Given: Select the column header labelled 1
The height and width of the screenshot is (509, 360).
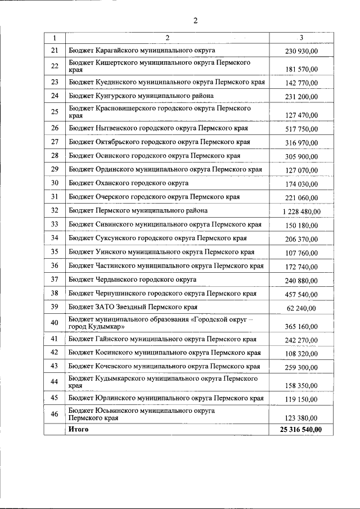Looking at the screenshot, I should [55, 38].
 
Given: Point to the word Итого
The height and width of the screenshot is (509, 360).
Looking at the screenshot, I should [78, 429].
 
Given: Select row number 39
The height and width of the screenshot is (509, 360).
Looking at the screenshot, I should [55, 307].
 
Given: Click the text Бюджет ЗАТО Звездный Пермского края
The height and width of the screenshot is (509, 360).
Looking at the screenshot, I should [133, 307].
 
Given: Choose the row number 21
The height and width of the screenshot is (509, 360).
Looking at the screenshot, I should [55, 50].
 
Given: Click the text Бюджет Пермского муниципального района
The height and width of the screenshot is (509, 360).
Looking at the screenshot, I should [138, 210].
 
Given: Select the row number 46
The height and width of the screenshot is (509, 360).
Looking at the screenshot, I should [55, 414].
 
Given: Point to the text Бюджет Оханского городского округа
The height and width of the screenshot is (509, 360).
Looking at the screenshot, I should [129, 183].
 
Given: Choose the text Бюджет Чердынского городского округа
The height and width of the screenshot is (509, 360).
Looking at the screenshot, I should [133, 279].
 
